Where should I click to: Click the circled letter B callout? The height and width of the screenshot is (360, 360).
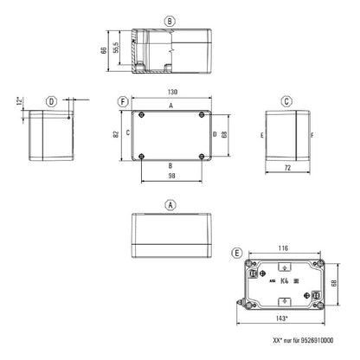pos(170,21)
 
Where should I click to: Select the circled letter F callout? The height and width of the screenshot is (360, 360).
pos(125,101)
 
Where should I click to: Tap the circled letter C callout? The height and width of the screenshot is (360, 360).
pos(286,101)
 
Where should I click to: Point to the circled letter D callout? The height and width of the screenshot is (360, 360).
pos(52,101)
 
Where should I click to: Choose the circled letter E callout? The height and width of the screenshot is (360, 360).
pos(237,253)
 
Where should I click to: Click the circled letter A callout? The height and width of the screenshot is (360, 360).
pos(170,204)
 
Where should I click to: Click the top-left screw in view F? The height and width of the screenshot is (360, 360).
pos(138,113)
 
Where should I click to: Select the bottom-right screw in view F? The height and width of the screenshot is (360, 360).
pos(202,156)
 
